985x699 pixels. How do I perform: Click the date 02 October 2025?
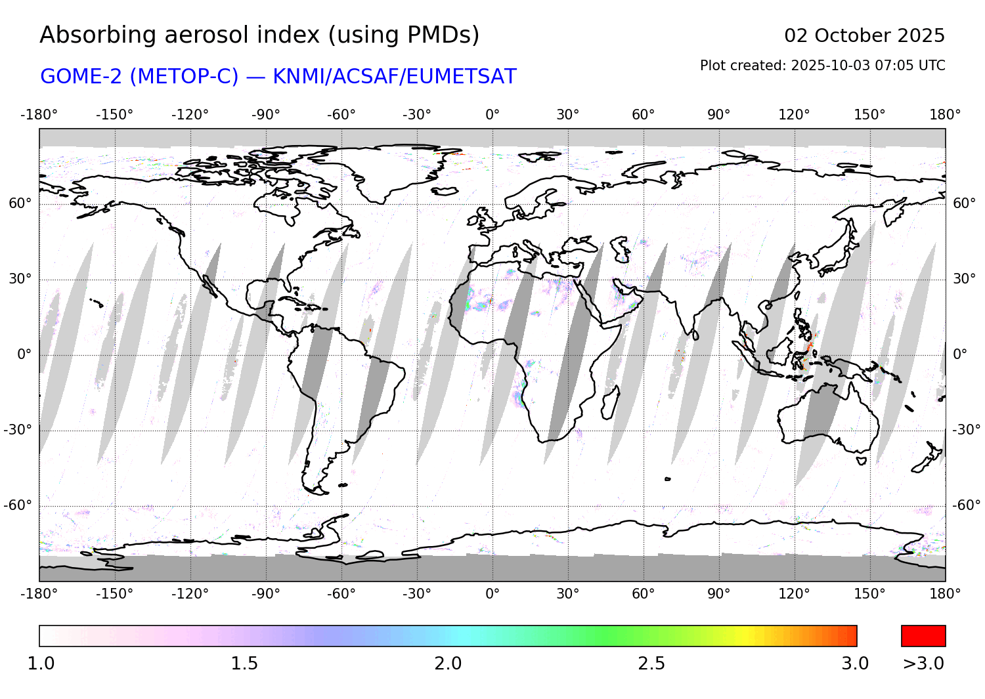tap(864, 35)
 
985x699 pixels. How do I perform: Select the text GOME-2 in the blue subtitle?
tap(82, 77)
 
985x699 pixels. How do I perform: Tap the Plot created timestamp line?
tap(822, 66)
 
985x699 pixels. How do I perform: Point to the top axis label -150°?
tap(114, 115)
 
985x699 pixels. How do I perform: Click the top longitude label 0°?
tap(492, 115)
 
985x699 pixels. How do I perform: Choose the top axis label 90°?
tap(718, 115)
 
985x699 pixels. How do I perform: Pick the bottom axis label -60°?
tap(341, 594)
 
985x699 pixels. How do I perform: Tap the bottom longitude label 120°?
tap(794, 594)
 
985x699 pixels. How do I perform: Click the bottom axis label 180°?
tap(945, 594)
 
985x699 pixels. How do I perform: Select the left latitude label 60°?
tap(20, 203)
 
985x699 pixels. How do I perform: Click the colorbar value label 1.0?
tap(41, 664)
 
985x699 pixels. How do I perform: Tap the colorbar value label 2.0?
tap(448, 664)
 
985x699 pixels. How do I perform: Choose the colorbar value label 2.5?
tap(651, 664)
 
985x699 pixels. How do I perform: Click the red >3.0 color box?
tap(923, 636)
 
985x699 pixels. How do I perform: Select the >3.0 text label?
tap(923, 664)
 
